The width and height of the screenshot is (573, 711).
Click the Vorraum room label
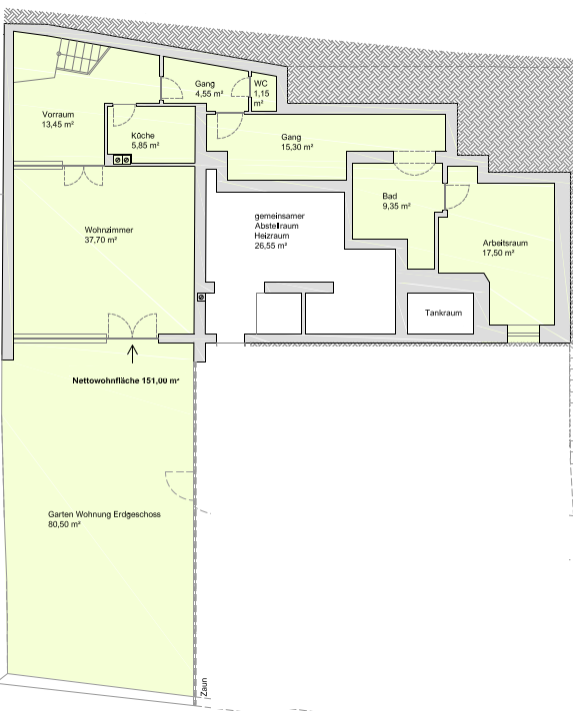click(58, 114)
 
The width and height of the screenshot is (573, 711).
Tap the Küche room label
click(143, 136)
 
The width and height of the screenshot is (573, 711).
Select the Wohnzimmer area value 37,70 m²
click(101, 240)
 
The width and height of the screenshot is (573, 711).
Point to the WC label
click(261, 84)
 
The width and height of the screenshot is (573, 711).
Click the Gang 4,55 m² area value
click(209, 94)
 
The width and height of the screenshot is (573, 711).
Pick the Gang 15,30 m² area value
click(297, 147)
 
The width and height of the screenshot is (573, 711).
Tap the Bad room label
click(390, 196)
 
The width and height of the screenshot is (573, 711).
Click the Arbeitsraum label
click(505, 243)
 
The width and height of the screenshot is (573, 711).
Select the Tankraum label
click(444, 313)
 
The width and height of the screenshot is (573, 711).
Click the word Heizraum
click(272, 236)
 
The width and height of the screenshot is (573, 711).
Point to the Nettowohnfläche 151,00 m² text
click(126, 380)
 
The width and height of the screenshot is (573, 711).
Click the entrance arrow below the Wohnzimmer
click(132, 355)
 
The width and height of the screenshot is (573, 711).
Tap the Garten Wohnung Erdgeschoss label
click(104, 514)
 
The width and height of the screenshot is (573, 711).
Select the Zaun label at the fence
click(204, 687)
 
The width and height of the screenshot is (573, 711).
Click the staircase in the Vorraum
click(82, 58)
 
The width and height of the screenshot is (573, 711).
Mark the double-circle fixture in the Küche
click(122, 159)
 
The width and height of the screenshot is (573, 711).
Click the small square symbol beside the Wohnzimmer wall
click(201, 297)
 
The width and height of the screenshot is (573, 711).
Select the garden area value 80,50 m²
click(64, 524)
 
